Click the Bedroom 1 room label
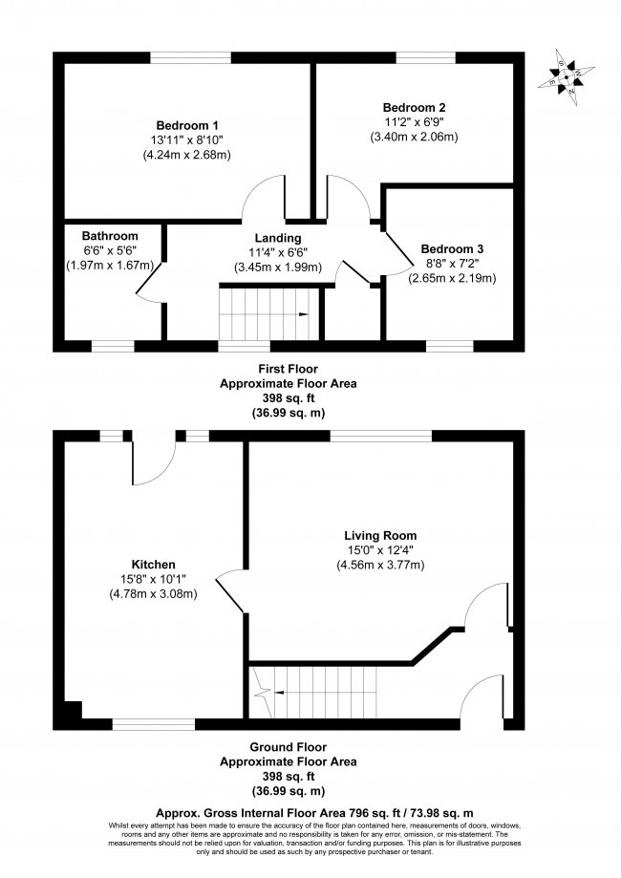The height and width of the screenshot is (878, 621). (187, 125)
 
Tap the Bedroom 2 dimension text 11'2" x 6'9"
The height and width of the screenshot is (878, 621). (414, 122)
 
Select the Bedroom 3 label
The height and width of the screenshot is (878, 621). (452, 248)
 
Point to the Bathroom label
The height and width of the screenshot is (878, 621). (110, 236)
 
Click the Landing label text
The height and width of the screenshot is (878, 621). (278, 239)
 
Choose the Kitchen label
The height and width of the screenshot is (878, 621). (154, 565)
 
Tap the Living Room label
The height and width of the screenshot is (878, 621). (380, 536)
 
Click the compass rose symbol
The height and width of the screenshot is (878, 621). (567, 76)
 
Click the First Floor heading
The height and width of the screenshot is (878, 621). (288, 369)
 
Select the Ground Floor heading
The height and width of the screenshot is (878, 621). (288, 747)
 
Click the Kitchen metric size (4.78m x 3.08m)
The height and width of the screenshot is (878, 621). (154, 594)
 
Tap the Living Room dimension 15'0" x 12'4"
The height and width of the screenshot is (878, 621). (380, 550)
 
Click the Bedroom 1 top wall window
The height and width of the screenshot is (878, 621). (190, 57)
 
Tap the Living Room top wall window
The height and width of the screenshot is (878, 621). (381, 436)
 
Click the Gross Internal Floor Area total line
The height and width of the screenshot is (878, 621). (314, 813)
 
